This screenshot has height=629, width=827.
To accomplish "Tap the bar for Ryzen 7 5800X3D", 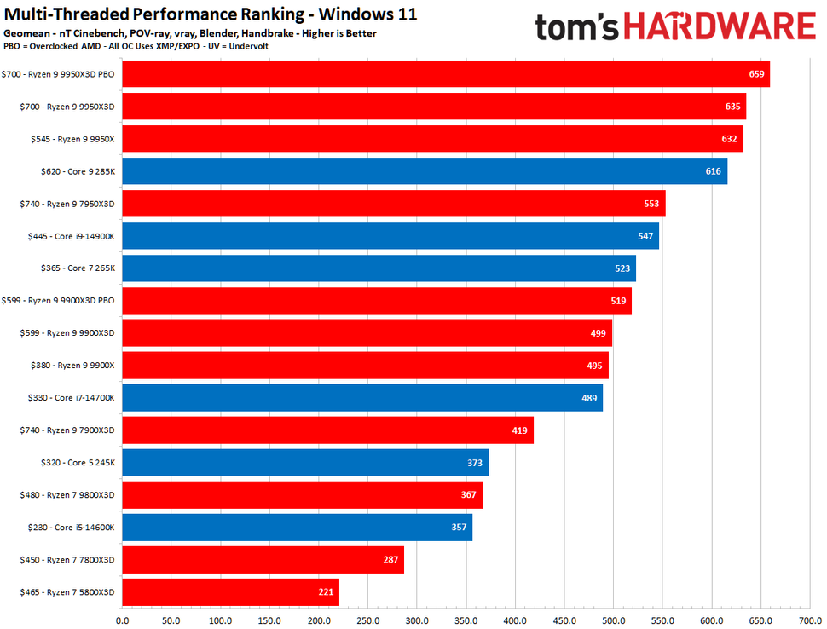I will tap(230, 592).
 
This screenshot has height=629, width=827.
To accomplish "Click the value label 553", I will tap(652, 204).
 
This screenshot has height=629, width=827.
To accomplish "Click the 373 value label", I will tap(475, 463).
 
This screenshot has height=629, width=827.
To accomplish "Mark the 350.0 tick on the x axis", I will tap(466, 620).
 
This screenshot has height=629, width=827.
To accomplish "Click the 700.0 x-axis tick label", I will tap(810, 620).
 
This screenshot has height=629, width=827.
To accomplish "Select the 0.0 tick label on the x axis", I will tap(122, 620).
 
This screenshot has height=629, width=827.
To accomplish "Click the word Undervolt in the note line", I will tap(248, 46).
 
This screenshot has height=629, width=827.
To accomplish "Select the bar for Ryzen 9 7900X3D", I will tap(327, 430).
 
